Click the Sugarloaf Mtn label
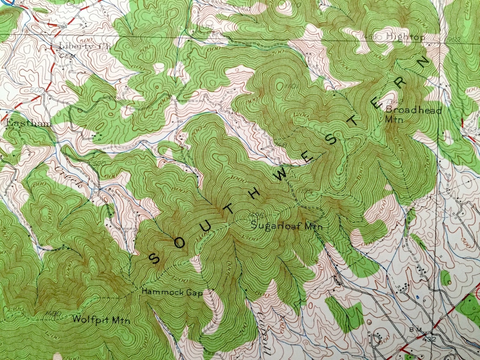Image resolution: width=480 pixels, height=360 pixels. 286,226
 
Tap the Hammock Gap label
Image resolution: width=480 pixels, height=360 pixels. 172,291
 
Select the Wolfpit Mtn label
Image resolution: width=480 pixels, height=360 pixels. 101,319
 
